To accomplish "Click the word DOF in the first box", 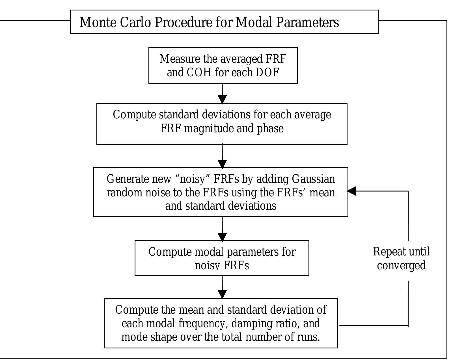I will point(267,73).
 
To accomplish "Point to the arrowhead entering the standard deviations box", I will point(223,99).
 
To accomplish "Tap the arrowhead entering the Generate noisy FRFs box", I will point(223,164).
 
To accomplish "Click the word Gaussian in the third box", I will point(313,179).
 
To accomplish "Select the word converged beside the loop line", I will point(402,265).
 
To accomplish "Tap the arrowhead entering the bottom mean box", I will point(223,294).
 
